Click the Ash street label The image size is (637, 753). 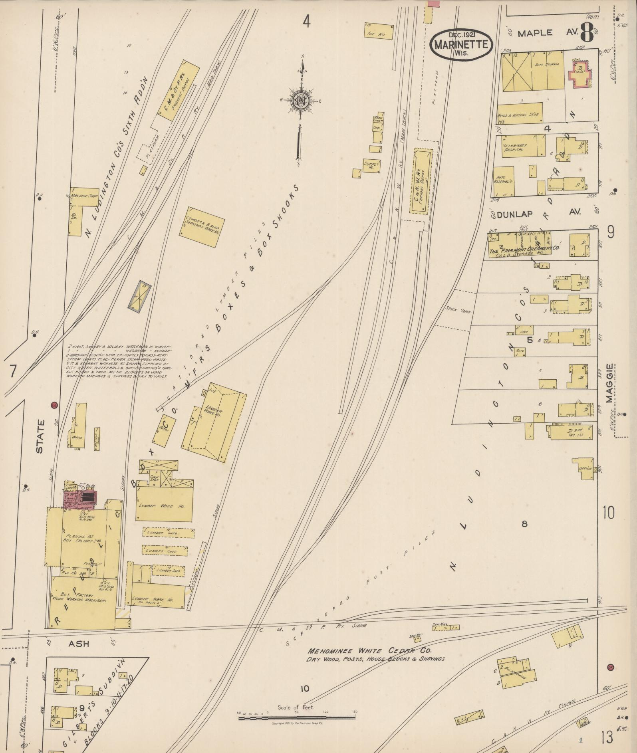pos(79,644)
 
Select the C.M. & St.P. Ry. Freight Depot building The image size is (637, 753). pos(179,91)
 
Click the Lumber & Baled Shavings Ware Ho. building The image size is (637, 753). pos(202,227)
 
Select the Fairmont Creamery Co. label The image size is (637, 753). pos(524,249)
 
